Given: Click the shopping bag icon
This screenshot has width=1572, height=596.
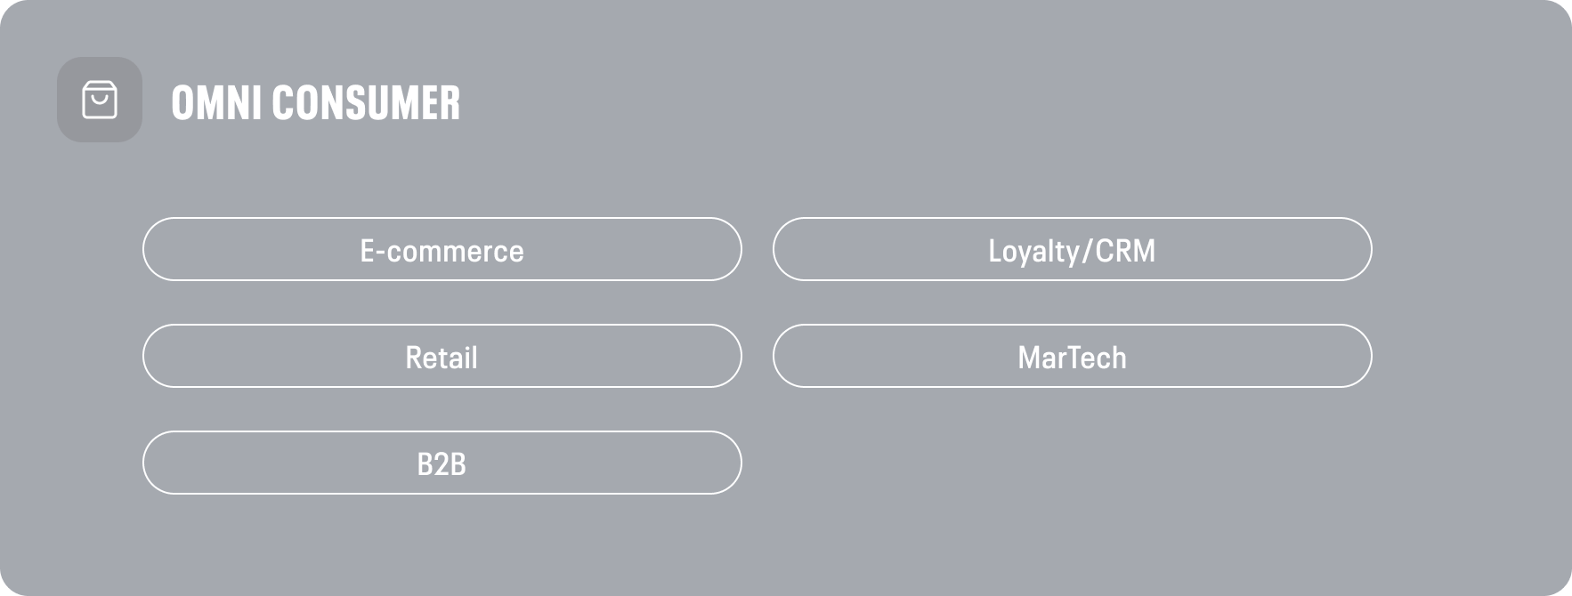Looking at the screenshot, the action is pos(100,100).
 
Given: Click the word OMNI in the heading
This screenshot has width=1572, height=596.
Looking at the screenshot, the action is pos(217,102).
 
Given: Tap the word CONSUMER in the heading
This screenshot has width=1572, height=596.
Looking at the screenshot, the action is pos(366,102).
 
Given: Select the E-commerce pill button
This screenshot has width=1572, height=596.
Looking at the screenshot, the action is pos(442,249).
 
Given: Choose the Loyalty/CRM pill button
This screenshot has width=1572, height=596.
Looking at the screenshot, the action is pos(1072,249).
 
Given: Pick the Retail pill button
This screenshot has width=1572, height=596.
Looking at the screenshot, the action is pos(442,356).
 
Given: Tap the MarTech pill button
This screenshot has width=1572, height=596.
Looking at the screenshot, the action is pos(1072,356).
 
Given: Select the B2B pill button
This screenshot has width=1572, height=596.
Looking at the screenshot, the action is pos(442,463).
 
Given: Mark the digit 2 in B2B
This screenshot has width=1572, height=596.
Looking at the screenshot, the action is pos(442,464).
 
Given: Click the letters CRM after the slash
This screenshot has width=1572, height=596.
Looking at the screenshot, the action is pos(1125,251).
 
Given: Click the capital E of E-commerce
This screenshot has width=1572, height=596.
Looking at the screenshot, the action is pos(367,251).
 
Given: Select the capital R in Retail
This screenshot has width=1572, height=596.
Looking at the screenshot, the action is pos(414,358).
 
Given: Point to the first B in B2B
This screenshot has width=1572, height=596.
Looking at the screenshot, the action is pos(425,464).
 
